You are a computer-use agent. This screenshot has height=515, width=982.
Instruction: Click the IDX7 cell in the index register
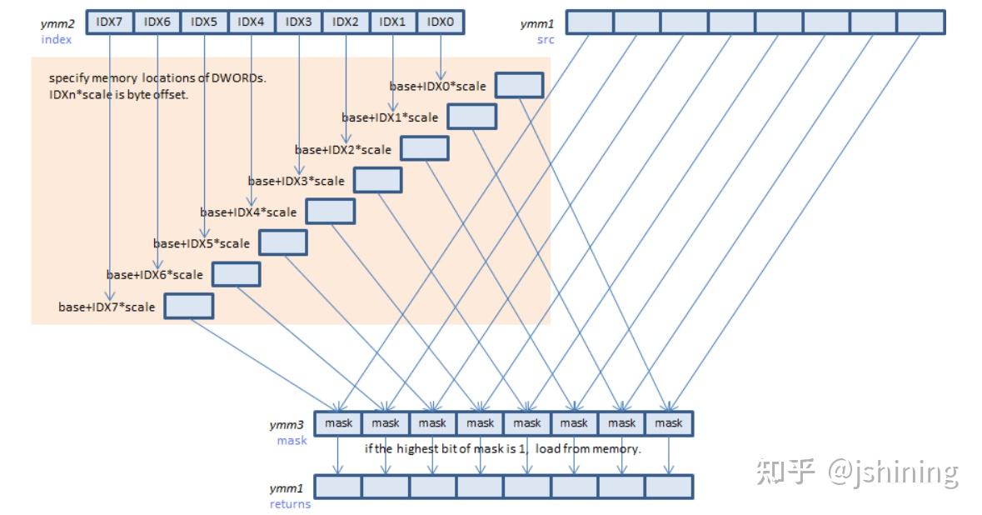109,22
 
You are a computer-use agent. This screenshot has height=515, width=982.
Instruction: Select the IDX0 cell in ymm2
439,22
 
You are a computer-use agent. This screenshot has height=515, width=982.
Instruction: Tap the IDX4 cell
251,22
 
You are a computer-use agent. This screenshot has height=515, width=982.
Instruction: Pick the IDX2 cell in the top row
345,22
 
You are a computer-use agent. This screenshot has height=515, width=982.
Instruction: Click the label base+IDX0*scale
438,86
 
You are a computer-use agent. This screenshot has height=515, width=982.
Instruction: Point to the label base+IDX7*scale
107,307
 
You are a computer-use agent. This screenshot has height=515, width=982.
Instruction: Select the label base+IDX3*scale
296,181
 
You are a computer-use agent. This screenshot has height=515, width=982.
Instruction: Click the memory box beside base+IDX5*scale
283,242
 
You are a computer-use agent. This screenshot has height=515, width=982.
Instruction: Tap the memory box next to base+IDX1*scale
471,117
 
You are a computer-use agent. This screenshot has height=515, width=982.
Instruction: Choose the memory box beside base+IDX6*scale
236,274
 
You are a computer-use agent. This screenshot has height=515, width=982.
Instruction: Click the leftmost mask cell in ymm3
338,423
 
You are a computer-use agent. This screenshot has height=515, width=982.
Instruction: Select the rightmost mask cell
668,423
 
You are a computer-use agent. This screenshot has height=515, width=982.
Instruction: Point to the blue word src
546,39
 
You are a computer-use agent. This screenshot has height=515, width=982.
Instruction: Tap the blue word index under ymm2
57,39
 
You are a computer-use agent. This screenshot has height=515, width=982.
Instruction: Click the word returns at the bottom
290,503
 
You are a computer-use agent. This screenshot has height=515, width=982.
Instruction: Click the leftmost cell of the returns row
337,486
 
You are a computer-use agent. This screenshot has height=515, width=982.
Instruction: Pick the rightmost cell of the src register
921,22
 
